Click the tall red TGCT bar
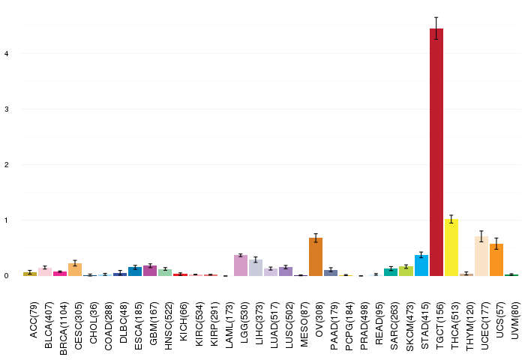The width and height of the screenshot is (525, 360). tap(436, 152)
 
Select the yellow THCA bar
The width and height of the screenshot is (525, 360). tap(451, 247)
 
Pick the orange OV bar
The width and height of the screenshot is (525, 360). tap(316, 256)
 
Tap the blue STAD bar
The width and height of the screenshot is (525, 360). tap(421, 265)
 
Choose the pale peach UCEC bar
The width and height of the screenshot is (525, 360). tap(481, 256)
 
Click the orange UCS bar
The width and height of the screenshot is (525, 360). tap(496, 259)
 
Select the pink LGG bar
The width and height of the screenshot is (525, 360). tap(241, 265)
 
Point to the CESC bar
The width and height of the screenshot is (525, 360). tap(75, 269)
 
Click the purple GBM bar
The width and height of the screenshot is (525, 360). tap(150, 271)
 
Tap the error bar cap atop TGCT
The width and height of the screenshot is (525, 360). tap(436, 17)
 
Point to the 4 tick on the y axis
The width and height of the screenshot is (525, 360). tap(6, 53)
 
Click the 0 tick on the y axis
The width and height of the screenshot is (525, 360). tap(6, 276)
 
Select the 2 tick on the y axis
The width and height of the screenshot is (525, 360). tap(6, 165)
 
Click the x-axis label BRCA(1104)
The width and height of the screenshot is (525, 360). tap(63, 328)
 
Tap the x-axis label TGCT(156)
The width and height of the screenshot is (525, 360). tap(439, 325)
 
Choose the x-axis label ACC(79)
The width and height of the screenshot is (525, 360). tap(34, 320)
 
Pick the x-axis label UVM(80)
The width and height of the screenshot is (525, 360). tap(515, 320)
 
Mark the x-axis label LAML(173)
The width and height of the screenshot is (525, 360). tap(229, 325)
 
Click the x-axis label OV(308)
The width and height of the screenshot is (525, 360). tap(319, 319)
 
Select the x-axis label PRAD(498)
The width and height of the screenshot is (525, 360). tap(364, 326)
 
